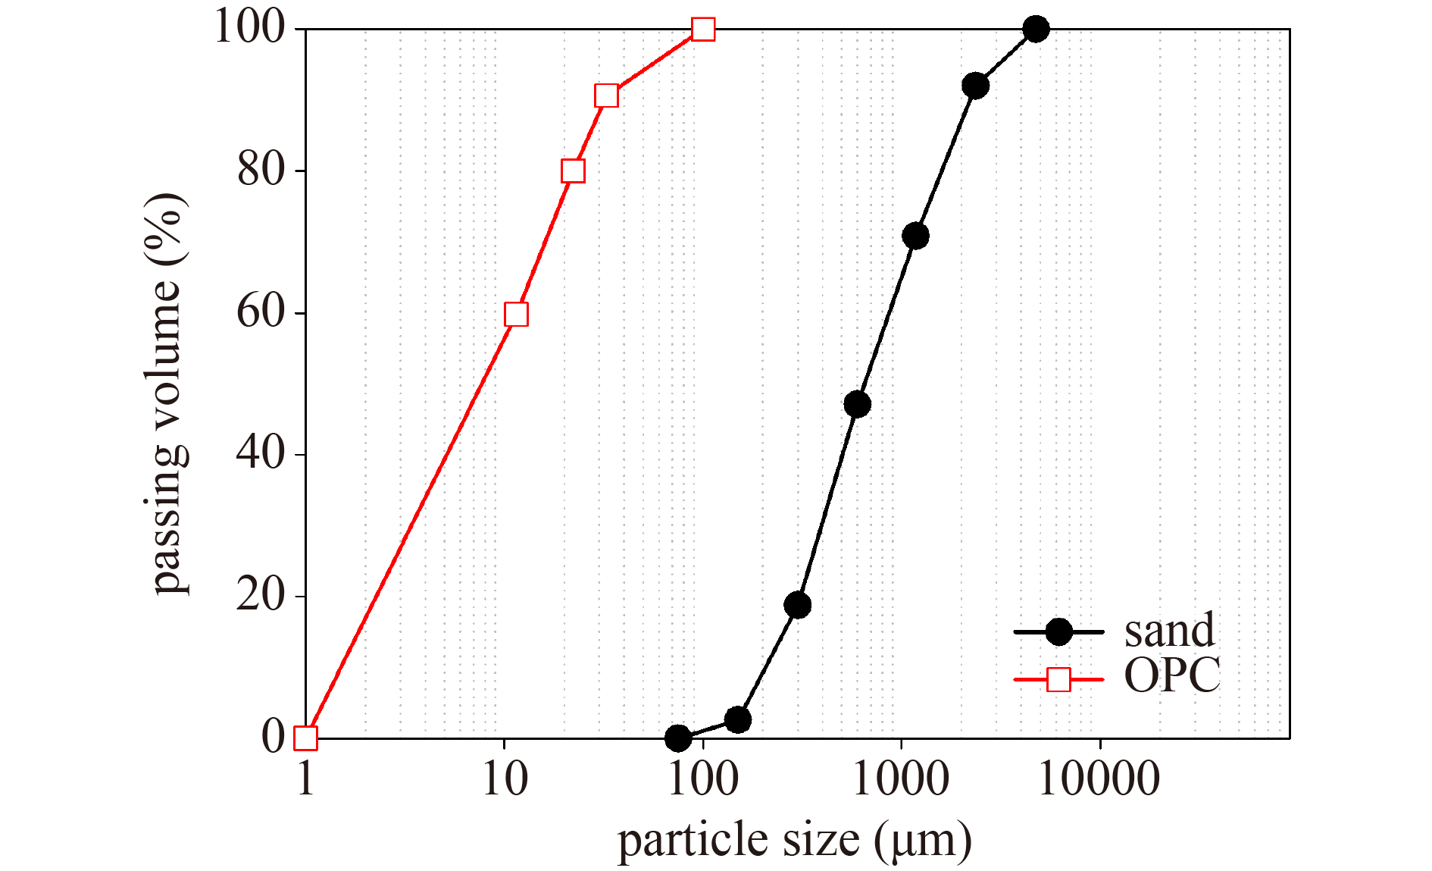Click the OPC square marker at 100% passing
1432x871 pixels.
pyautogui.click(x=703, y=30)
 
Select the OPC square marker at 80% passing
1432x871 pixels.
pyautogui.click(x=574, y=171)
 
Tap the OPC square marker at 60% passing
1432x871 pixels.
pyautogui.click(x=516, y=314)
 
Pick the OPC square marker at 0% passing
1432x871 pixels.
pyautogui.click(x=305, y=738)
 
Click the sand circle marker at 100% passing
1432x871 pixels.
pyautogui.click(x=1036, y=30)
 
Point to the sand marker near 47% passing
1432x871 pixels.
pyautogui.click(x=857, y=404)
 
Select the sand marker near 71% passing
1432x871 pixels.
pyautogui.click(x=916, y=236)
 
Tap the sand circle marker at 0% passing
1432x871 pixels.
pyautogui.click(x=678, y=738)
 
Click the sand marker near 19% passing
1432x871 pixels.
pyautogui.click(x=798, y=605)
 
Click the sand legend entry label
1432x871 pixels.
pyautogui.click(x=1169, y=631)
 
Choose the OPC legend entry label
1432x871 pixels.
pyautogui.click(x=1172, y=675)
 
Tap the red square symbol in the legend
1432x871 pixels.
pyautogui.click(x=1058, y=679)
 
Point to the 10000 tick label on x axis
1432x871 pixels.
pyautogui.click(x=1099, y=779)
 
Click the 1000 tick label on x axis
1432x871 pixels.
pyautogui.click(x=901, y=779)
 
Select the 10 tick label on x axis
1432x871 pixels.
pyautogui.click(x=505, y=779)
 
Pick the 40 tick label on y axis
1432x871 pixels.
pyautogui.click(x=260, y=454)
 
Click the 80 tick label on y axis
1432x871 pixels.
pyautogui.click(x=260, y=171)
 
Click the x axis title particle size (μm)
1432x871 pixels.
pyautogui.click(x=794, y=841)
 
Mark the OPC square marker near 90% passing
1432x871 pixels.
pyautogui.click(x=607, y=96)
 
